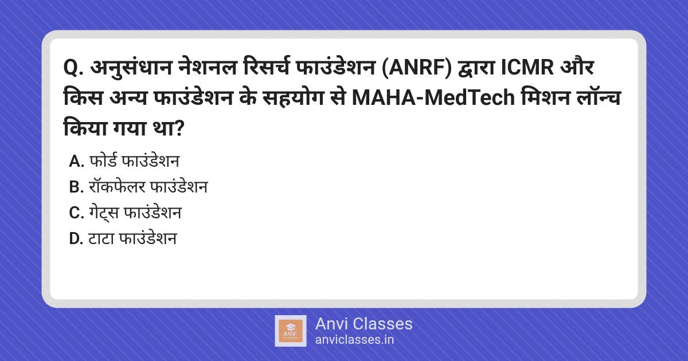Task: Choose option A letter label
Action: pyautogui.click(x=76, y=162)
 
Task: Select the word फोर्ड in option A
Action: pyautogui.click(x=101, y=162)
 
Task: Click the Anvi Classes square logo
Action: pyautogui.click(x=290, y=331)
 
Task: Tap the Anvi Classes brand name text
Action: pyautogui.click(x=363, y=324)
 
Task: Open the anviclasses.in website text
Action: pyautogui.click(x=354, y=340)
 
